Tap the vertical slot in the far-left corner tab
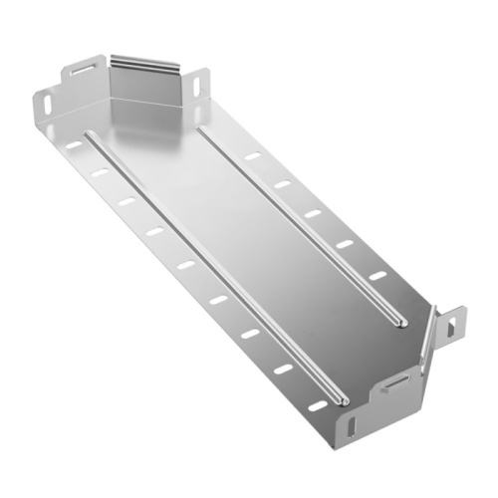[x=44, y=100]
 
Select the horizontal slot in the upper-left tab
[x=79, y=73]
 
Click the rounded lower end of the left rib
[x=342, y=400]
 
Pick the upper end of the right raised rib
[x=202, y=128]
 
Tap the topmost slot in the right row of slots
[x=252, y=157]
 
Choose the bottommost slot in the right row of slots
[x=376, y=274]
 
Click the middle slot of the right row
[x=313, y=214]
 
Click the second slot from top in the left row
[x=100, y=173]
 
